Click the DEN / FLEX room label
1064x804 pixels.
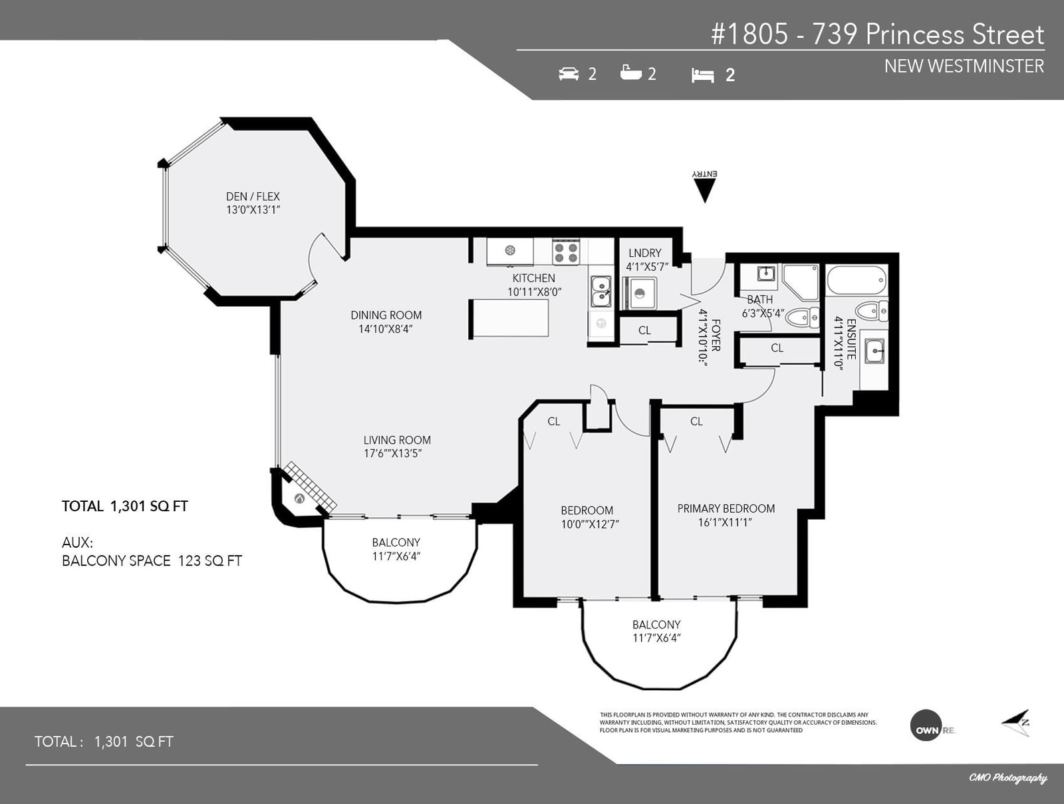tap(253, 196)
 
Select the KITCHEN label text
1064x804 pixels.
tap(534, 278)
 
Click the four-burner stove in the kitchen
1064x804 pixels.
tap(566, 252)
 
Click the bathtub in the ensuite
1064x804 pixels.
tap(857, 280)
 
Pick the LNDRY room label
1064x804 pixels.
tap(644, 253)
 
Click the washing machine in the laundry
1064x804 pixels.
tap(640, 293)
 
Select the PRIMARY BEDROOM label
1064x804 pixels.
tap(726, 508)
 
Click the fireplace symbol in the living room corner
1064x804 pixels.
tap(299, 499)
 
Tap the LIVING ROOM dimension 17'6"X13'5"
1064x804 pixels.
tap(392, 453)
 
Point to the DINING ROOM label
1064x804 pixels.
tap(386, 315)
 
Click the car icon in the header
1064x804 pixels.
tap(569, 74)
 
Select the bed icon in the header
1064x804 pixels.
tap(703, 75)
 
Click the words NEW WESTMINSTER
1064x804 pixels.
tap(964, 67)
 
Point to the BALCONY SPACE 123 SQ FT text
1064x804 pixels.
tap(152, 561)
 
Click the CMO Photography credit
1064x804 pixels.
tap(1007, 778)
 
